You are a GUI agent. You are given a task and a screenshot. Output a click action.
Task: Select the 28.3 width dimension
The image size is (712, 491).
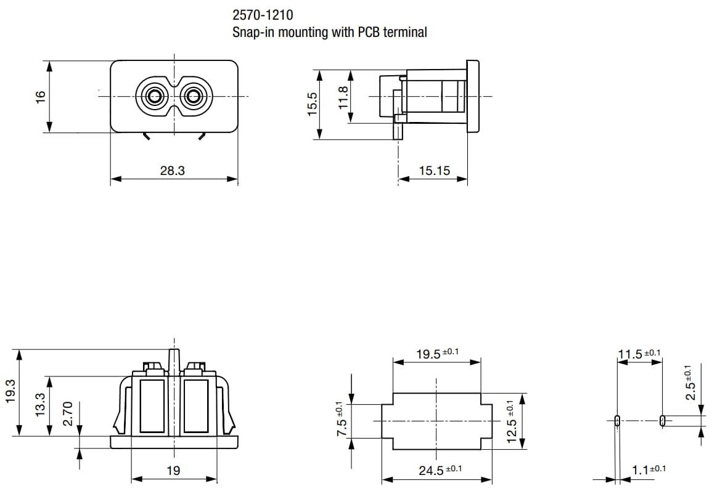coord(172,171)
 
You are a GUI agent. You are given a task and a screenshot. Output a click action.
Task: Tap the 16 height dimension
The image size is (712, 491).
coord(41,97)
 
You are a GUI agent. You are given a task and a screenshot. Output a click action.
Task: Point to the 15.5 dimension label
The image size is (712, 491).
coord(312,104)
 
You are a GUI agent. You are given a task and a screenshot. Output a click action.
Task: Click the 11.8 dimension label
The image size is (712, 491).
coord(344,97)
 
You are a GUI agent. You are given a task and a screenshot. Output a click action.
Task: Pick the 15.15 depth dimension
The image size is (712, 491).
coord(435,171)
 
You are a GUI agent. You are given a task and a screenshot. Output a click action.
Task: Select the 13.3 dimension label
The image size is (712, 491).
coord(41,405)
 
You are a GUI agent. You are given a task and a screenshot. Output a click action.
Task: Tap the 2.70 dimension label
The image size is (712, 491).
coord(68,413)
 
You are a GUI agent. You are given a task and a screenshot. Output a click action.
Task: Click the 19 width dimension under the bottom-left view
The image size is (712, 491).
coord(174,471)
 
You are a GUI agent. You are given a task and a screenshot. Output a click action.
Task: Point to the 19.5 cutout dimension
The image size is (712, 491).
coord(430,354)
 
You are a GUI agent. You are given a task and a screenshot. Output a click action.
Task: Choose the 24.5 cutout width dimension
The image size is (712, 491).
coord(432,471)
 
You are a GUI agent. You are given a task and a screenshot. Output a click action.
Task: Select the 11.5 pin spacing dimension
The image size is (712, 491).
coord(631,354)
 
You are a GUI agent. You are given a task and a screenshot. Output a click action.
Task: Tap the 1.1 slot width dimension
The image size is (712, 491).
coord(641,471)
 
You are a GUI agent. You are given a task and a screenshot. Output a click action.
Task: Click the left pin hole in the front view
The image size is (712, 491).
coord(153,96)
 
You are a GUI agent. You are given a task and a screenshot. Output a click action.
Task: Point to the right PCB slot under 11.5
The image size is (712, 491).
coord(662,421)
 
